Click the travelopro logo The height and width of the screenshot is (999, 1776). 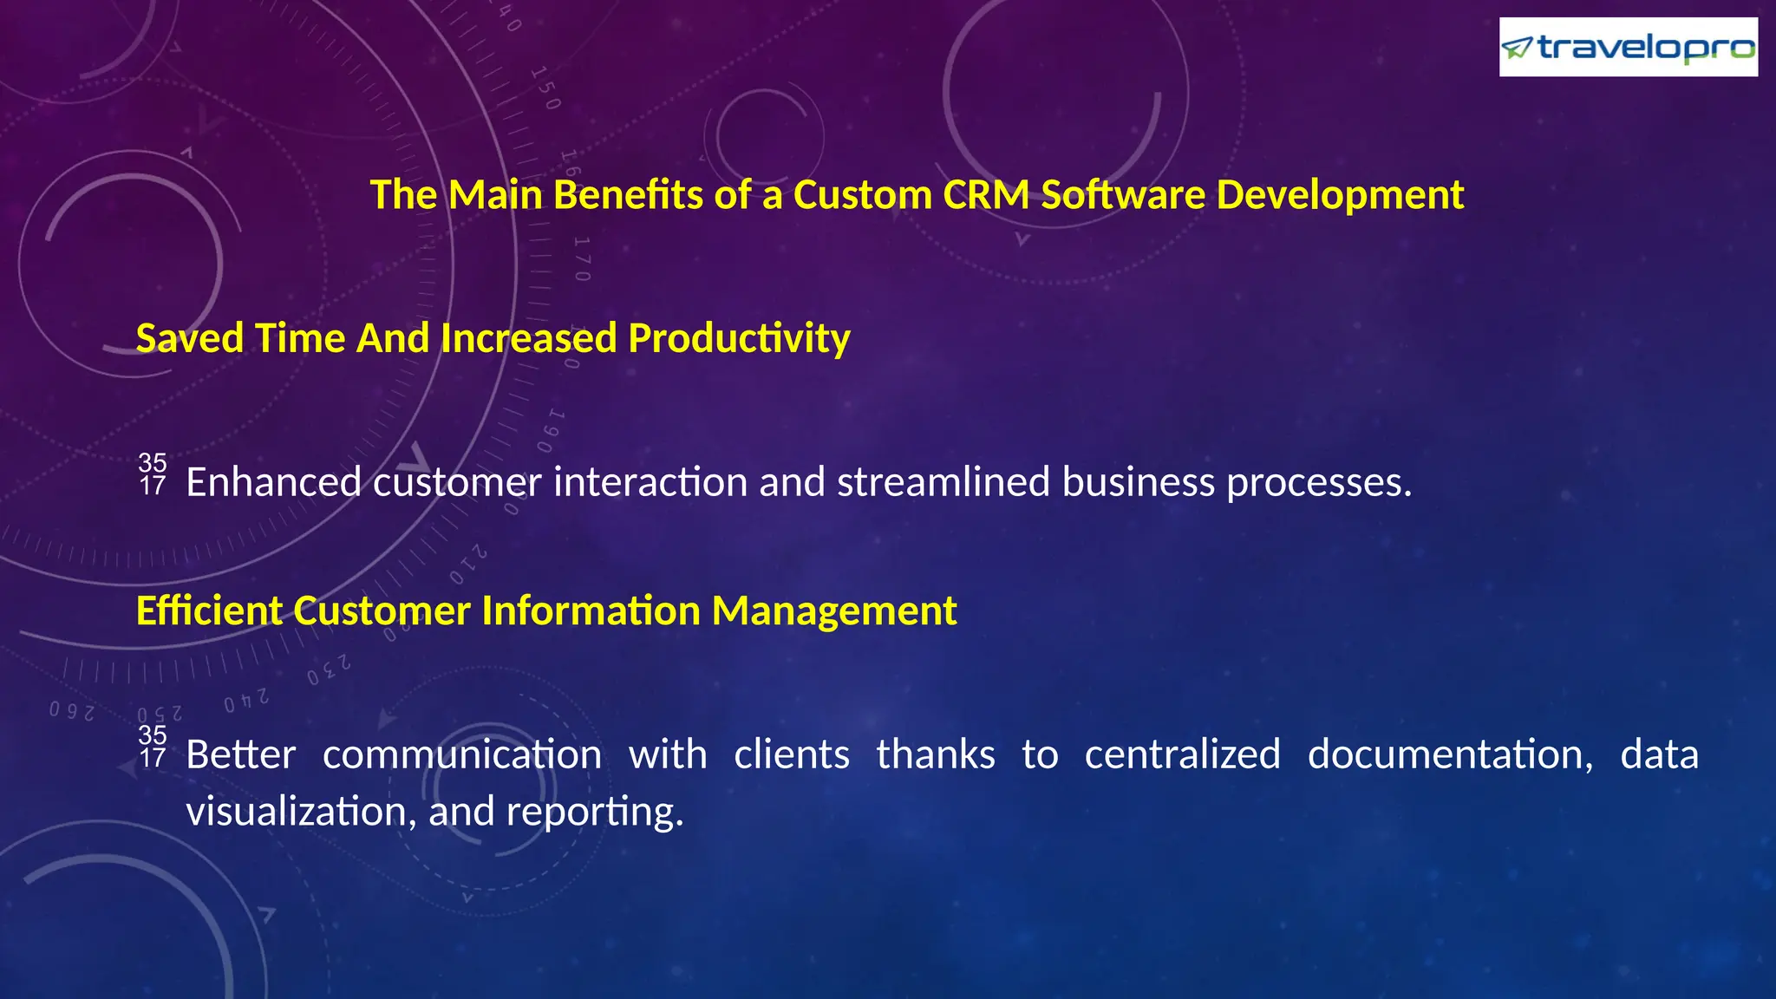(1628, 48)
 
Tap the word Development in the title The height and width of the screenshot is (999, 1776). (1340, 194)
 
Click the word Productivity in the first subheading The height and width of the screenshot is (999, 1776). (739, 338)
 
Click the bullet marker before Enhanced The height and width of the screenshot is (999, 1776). (153, 474)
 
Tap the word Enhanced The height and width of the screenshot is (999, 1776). (273, 482)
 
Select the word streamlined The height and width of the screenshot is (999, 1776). (943, 482)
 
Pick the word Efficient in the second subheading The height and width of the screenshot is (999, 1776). (209, 610)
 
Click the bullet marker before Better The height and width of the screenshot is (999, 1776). (153, 747)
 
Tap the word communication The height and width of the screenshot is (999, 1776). (462, 754)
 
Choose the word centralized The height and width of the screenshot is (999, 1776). (1182, 754)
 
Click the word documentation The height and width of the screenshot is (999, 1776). (1450, 754)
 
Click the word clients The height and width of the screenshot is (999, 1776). (792, 754)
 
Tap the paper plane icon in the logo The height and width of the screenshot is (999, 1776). (1517, 48)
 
